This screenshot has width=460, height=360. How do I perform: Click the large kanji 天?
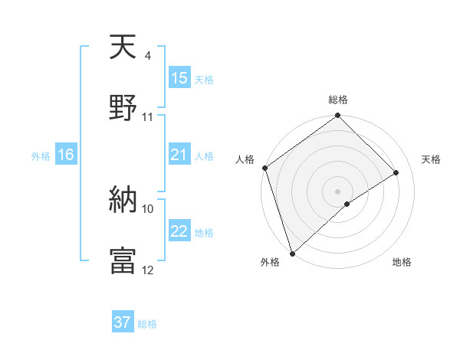coord(123,48)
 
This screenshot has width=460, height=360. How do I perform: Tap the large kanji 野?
coord(123,108)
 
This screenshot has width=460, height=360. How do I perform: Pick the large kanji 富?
coord(123,260)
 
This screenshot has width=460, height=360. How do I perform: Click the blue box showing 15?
coord(179,78)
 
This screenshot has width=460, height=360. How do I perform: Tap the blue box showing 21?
coord(179,155)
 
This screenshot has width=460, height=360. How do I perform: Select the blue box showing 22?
coord(179,232)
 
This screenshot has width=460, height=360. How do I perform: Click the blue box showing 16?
coord(66,155)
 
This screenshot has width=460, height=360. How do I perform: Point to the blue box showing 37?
coord(123,322)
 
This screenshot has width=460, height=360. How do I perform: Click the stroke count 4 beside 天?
coord(147,56)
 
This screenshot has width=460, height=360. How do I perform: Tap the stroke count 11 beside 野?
coord(148,117)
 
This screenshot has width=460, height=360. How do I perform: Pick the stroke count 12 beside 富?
coord(148,270)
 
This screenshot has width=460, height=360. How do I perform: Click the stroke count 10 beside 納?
coord(148,208)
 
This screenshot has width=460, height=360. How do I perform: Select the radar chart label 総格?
coord(338,100)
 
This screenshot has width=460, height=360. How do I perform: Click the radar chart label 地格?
coord(402,262)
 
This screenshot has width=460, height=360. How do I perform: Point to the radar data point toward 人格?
coord(264,168)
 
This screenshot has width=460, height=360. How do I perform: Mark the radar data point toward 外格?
coord(291,253)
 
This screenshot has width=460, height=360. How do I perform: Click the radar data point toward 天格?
coord(396,172)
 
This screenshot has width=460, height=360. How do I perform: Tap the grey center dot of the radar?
coord(338,191)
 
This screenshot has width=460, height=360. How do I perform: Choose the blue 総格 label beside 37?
coord(147,324)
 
